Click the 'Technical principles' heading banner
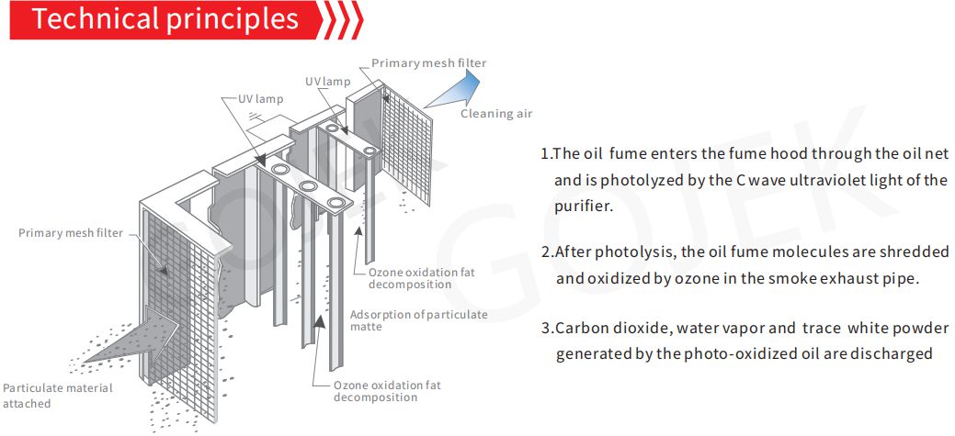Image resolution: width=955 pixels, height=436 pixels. click(165, 20)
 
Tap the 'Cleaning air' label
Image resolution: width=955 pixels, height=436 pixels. click(495, 114)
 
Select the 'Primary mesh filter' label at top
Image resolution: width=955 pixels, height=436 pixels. click(428, 63)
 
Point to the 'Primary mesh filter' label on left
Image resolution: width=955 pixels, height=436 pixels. click(71, 233)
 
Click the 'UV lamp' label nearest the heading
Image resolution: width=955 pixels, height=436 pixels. click(261, 99)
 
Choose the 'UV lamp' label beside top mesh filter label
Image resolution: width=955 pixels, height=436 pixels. click(328, 82)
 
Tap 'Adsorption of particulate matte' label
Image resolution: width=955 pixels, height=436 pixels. click(418, 320)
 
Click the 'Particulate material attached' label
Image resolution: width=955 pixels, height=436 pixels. click(58, 395)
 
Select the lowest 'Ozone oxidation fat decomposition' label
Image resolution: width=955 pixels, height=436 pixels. click(387, 391)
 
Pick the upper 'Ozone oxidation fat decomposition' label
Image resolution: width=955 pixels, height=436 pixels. click(422, 278)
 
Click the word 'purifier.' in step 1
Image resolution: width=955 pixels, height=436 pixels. click(583, 207)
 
